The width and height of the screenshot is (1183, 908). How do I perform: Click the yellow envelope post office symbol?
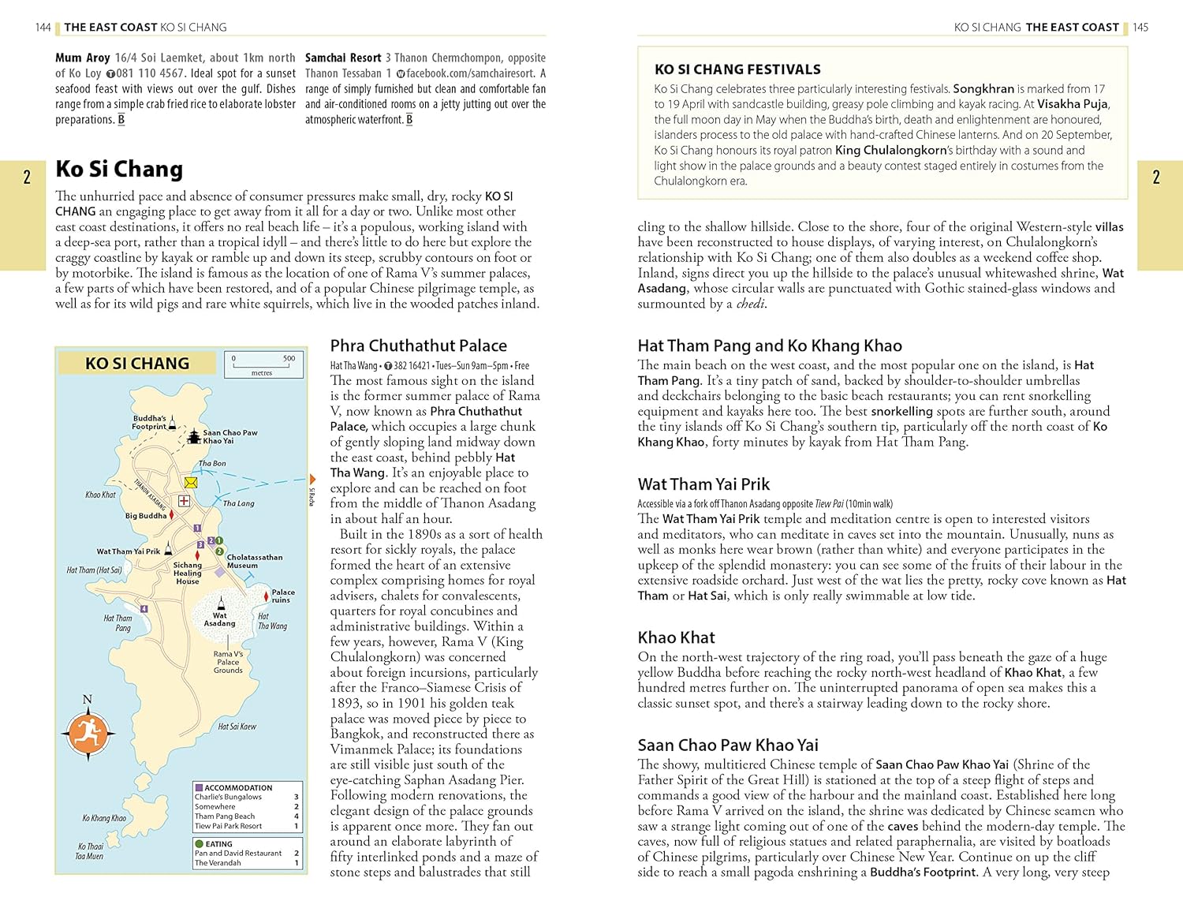(x=191, y=482)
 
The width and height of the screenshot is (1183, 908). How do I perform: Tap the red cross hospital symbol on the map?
(x=184, y=501)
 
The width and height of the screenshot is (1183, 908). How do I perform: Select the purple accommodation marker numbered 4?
(x=144, y=609)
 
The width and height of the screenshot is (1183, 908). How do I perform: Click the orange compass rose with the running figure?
(x=88, y=733)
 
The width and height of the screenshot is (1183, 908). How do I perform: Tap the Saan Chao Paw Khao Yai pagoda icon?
(x=194, y=436)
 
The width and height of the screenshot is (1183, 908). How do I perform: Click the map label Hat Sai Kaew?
(x=237, y=727)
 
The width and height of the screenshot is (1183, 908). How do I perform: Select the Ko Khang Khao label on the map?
(x=104, y=818)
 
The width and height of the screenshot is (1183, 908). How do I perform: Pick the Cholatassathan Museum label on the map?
(x=254, y=561)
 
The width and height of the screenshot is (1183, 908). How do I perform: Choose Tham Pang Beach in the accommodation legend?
(x=225, y=816)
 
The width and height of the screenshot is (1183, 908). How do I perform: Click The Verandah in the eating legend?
(x=217, y=863)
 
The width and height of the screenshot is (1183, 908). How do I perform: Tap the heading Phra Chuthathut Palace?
(x=418, y=346)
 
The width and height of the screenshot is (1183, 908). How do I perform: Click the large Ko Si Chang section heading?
(x=119, y=169)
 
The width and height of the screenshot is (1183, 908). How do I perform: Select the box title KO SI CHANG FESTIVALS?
(x=737, y=69)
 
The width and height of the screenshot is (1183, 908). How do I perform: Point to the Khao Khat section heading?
(x=676, y=637)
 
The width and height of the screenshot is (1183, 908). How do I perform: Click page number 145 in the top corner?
(x=1140, y=28)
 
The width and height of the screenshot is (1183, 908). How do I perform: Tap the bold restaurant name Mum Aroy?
(x=83, y=58)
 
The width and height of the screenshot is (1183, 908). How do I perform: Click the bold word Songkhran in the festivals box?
(x=983, y=89)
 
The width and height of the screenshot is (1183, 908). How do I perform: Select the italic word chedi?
(x=750, y=304)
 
